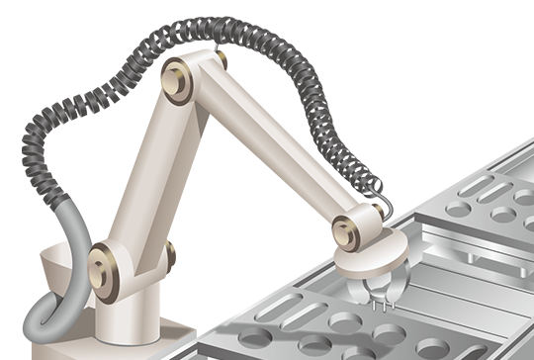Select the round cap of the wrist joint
[x=346, y=226]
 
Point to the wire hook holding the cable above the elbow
[x=215, y=44]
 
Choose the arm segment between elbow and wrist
[x=267, y=148]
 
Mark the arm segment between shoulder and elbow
[x=138, y=178]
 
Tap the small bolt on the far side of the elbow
[x=221, y=61]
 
